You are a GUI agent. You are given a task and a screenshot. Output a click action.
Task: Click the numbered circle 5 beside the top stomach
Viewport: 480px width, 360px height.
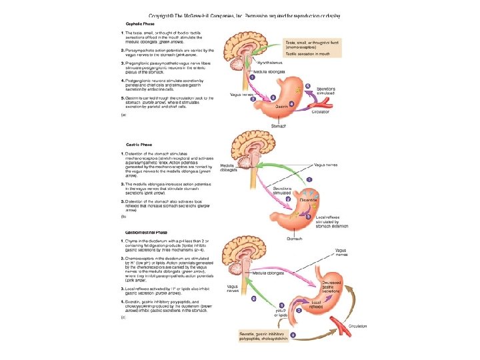[x=307, y=86]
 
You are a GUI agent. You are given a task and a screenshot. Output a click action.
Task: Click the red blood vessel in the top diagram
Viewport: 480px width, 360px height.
[x=325, y=101]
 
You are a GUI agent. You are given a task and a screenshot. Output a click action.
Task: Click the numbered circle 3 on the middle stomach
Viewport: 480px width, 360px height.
[x=307, y=217]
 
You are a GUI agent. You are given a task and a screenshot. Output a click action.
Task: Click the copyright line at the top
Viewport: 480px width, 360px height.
[x=244, y=15]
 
